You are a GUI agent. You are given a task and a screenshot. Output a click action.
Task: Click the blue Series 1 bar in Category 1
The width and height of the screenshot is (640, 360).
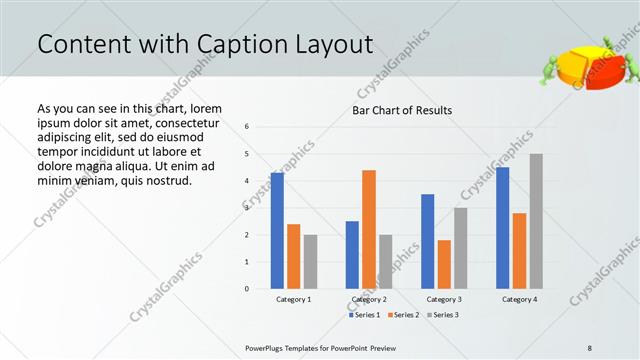[x=277, y=231]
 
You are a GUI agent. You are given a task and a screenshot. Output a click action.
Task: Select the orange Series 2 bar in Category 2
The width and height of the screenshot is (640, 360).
[x=369, y=229]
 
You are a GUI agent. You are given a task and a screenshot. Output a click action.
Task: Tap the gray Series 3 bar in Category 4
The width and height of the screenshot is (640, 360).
[x=536, y=221]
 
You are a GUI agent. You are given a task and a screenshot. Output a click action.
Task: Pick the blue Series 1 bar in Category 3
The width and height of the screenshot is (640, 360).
[x=428, y=241]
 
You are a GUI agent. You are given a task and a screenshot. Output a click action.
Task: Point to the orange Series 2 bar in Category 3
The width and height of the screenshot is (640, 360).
[x=444, y=264]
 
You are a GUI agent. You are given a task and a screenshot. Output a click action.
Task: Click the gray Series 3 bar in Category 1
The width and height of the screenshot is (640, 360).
[x=310, y=262]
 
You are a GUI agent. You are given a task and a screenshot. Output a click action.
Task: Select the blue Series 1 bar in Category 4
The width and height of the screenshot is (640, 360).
[x=503, y=228]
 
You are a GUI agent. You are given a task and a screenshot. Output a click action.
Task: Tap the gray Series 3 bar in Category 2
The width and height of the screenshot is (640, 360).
[x=385, y=262]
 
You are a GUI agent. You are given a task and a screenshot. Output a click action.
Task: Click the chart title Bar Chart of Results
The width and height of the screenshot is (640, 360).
[x=401, y=110]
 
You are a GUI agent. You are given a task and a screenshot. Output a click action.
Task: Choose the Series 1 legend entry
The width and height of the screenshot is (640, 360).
[x=364, y=315]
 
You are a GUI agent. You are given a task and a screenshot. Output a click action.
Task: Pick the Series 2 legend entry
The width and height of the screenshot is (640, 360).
[x=402, y=315]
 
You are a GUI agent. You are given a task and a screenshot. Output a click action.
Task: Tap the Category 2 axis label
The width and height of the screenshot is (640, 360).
[x=369, y=299]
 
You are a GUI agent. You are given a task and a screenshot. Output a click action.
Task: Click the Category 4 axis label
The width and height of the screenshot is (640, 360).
[x=519, y=299]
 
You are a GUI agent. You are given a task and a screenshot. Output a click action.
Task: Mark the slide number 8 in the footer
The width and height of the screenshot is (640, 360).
[x=590, y=347]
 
